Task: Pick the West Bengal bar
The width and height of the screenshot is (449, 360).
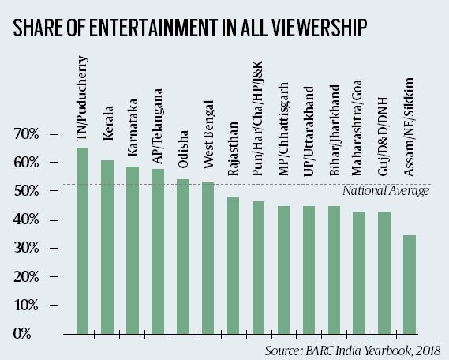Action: point(208,257)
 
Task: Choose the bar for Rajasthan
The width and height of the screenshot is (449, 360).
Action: point(233,265)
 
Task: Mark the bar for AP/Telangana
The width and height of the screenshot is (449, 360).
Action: point(157,251)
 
